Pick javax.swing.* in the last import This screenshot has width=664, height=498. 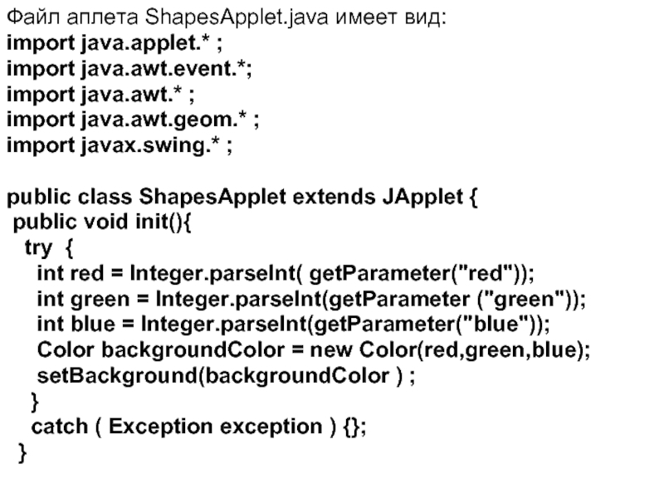[x=142, y=148]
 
